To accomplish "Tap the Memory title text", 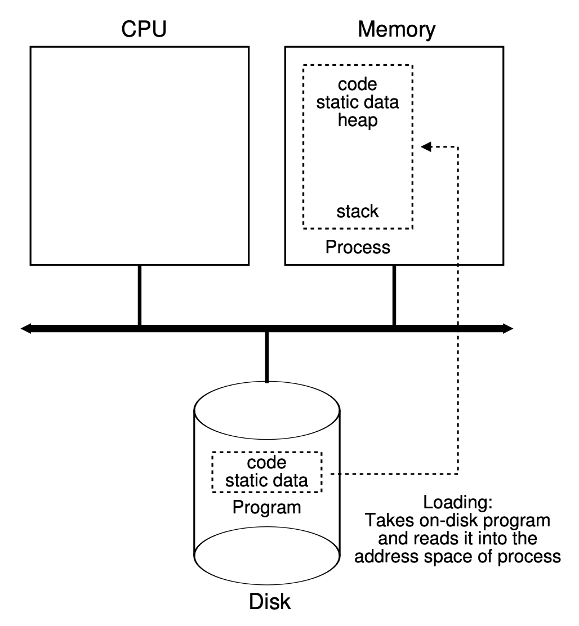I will tap(397, 30).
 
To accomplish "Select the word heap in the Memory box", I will tap(357, 121).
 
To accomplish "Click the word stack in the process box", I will tap(357, 212).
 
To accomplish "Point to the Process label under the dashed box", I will tap(358, 247).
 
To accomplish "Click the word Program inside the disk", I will tap(266, 507).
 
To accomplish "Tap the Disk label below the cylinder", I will tap(270, 602).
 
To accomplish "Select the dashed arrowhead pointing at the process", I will tap(426, 147).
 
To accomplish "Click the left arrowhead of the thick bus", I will tap(26, 328).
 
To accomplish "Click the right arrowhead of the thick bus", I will tap(508, 328).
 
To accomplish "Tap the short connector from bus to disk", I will tap(266, 357).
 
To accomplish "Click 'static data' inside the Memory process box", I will tap(357, 104).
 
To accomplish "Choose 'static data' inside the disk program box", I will tap(266, 481).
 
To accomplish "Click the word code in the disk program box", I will tap(266, 463).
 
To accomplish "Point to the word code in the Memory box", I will tap(357, 86).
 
